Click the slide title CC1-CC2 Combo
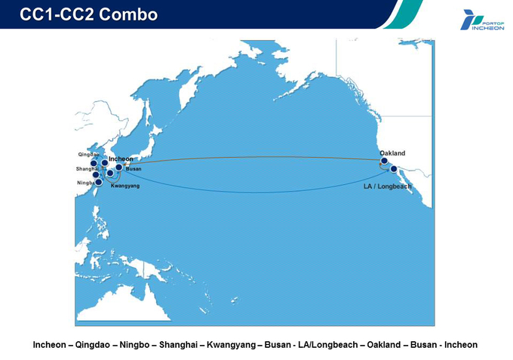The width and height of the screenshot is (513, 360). pos(89,14)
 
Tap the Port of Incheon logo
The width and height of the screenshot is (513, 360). pos(482,20)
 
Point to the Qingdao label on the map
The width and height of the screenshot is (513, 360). pos(88,155)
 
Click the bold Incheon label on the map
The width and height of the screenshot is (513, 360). pos(121,159)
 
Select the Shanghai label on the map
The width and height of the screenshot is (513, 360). pos(87,169)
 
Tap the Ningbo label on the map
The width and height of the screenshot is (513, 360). pos(86,183)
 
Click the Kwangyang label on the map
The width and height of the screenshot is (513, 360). pos(125,186)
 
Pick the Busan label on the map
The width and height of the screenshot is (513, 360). pos(134,169)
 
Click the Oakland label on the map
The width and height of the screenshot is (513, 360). pos(392,153)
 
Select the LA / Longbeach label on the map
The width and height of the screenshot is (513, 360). pos(387,186)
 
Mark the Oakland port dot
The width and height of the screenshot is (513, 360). pos(385,161)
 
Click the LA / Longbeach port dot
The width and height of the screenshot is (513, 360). pos(394,169)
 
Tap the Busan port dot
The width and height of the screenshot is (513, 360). pos(119,168)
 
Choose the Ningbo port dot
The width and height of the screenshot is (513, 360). pos(99,182)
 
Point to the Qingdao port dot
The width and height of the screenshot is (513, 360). pos(94,163)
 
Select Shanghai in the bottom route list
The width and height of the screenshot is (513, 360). pos(178,345)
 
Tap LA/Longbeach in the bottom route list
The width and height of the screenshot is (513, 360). pos(328,345)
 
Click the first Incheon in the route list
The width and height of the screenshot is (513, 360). pos(49,345)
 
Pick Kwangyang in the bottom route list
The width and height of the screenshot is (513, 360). pos(231,345)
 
